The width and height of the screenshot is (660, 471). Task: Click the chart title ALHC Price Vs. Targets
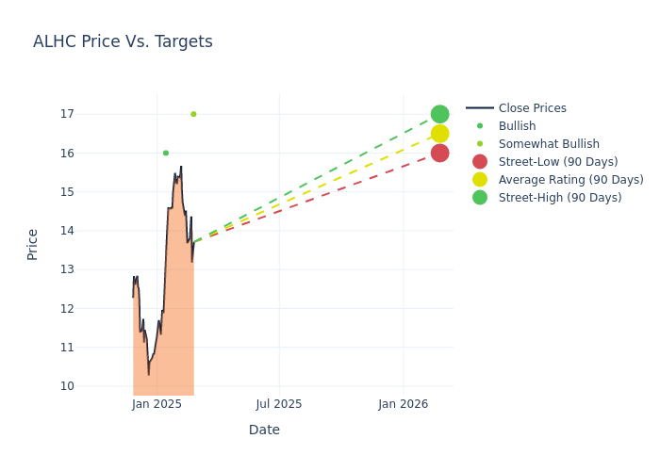(x=123, y=41)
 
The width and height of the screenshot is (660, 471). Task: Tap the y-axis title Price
(x=33, y=244)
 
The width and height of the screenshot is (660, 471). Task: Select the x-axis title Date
(x=264, y=430)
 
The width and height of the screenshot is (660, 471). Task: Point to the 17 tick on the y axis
(x=67, y=114)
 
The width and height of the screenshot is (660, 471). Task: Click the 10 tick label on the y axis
(x=67, y=385)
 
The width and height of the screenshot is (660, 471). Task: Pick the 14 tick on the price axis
(x=67, y=231)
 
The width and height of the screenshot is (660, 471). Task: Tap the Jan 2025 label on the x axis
(x=157, y=404)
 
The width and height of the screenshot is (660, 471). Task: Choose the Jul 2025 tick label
(x=279, y=404)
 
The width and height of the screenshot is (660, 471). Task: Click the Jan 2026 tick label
(x=404, y=404)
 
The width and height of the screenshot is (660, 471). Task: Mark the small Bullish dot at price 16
(x=166, y=153)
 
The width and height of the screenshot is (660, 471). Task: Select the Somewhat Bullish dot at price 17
(x=193, y=114)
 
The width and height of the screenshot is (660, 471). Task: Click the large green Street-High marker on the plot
(x=439, y=114)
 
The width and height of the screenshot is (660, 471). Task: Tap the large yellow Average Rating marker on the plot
(x=439, y=134)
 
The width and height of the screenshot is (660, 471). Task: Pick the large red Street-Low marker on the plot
(x=439, y=153)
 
